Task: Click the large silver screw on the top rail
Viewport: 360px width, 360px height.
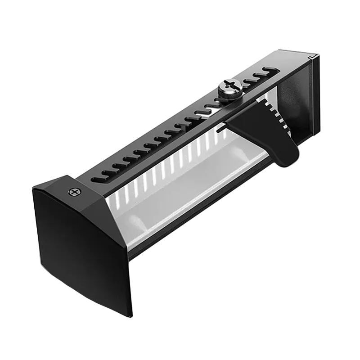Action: point(231,86)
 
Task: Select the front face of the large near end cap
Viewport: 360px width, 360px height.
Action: point(81,252)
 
